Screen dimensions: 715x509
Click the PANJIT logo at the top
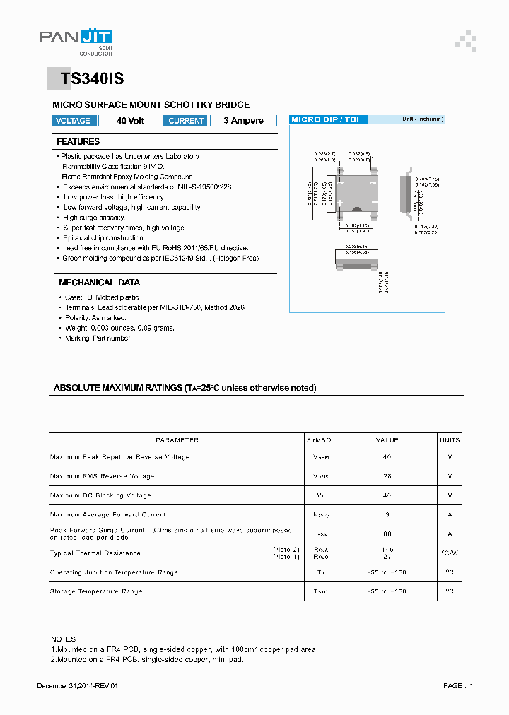76,41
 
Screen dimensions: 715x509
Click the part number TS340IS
92,80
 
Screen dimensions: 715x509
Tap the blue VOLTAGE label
73,121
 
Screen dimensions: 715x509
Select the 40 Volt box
130,121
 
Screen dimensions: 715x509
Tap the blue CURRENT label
187,121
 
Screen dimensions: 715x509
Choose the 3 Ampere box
243,121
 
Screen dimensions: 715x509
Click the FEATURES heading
78,142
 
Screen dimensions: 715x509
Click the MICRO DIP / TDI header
325,119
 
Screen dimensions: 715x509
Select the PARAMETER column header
177,440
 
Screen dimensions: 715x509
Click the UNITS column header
450,440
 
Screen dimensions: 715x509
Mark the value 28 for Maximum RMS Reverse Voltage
387,476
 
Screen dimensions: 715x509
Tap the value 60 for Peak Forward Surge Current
387,534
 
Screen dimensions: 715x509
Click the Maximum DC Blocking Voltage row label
100,495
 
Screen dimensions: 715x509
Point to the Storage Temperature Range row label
96,591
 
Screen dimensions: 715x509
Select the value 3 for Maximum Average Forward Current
387,515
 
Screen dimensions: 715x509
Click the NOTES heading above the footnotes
65,638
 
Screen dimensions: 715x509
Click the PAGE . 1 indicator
458,686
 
